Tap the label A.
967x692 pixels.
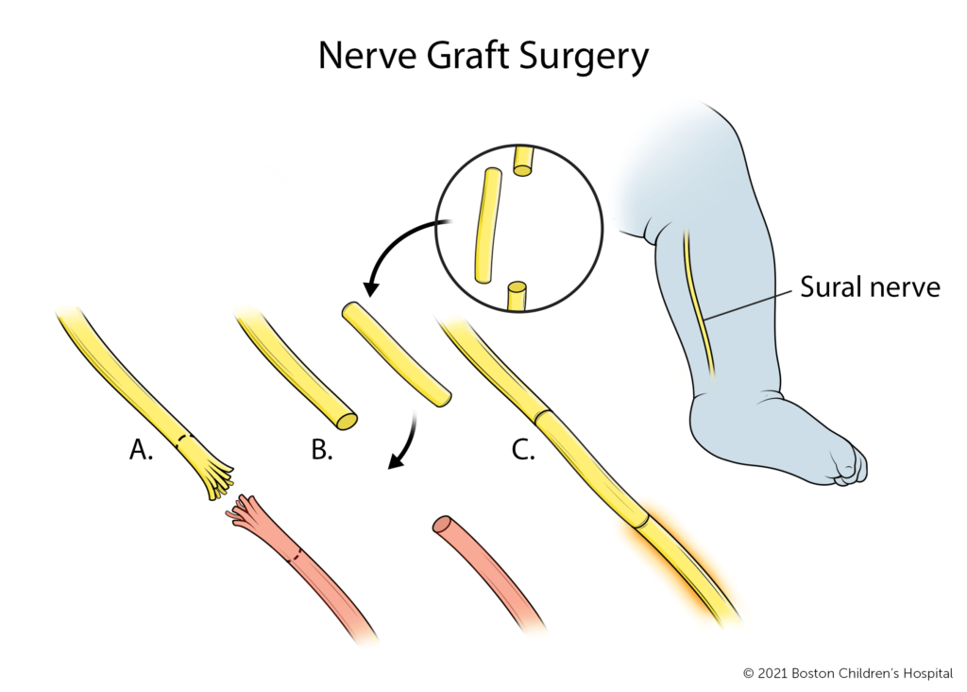pos(141,452)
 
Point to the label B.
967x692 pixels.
pos(322,452)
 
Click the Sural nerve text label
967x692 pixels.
pos(870,287)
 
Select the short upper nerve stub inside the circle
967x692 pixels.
pos(523,160)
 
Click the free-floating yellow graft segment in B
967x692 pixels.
pos(396,355)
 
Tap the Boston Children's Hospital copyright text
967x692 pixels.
pos(850,673)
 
